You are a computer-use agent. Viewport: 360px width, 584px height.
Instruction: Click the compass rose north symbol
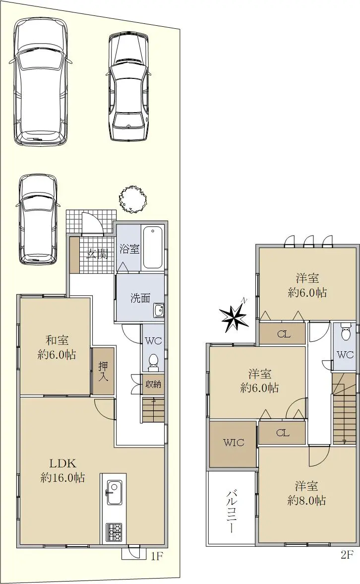coord(234,316)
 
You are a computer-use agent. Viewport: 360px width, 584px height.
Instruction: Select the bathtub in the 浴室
coord(153,247)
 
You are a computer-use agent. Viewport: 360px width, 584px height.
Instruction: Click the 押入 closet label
coord(103,371)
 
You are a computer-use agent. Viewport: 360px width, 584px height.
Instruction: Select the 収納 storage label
coord(153,383)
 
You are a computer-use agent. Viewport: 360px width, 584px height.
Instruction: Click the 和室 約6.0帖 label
coord(57,347)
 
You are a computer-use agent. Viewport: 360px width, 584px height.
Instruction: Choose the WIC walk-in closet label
coord(234,443)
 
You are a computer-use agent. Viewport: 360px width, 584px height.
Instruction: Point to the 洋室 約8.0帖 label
coord(307,493)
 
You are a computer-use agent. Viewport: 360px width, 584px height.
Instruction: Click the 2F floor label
coord(347,555)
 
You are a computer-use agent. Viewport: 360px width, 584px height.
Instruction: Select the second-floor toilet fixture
coord(346,331)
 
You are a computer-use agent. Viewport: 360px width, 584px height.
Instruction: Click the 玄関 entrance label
coord(98,255)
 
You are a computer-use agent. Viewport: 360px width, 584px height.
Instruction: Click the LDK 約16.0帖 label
coord(62,470)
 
